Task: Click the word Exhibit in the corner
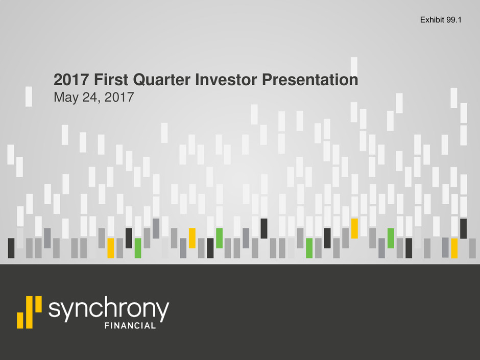[432, 20]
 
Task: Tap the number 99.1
[453, 20]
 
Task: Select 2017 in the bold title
[71, 80]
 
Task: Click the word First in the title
[111, 80]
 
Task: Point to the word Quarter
[162, 80]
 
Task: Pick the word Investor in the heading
[226, 80]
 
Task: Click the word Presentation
[310, 80]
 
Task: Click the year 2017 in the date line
[119, 98]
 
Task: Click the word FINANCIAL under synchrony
[130, 326]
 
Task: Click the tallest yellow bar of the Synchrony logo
[30, 312]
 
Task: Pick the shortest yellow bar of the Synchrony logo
[20, 320]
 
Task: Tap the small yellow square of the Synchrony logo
[39, 304]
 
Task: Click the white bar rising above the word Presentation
[354, 65]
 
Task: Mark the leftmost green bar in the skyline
[138, 248]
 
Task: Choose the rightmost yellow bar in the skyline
[454, 248]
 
